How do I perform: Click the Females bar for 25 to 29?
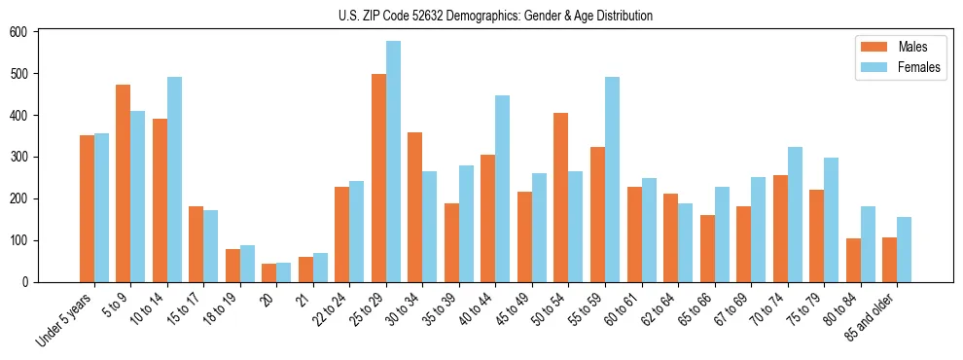click(394, 162)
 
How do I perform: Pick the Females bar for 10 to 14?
click(174, 179)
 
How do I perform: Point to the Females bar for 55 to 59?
click(613, 179)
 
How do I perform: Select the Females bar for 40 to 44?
click(503, 189)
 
